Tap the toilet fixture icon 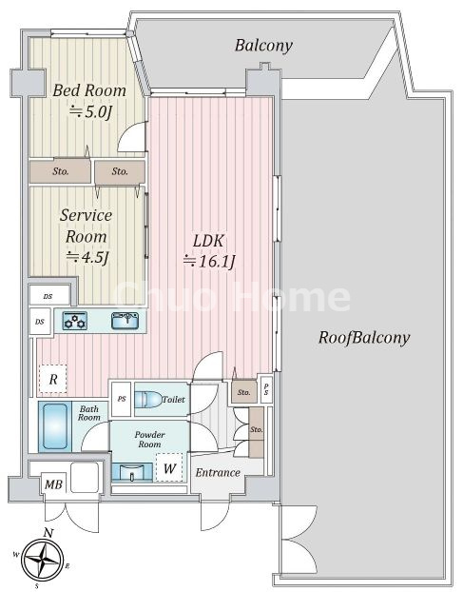147,400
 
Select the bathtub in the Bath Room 55,425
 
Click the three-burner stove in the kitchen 75,321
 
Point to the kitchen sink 125,321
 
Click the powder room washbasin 132,472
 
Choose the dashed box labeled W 169,468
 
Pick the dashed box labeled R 53,379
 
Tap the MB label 53,484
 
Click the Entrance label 218,473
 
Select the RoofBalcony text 364,338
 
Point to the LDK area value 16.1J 209,261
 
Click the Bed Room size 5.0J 90,111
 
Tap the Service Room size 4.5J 87,257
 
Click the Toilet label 174,400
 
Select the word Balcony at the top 263,46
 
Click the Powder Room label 149,440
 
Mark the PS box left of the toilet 122,399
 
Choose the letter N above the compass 48,533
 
